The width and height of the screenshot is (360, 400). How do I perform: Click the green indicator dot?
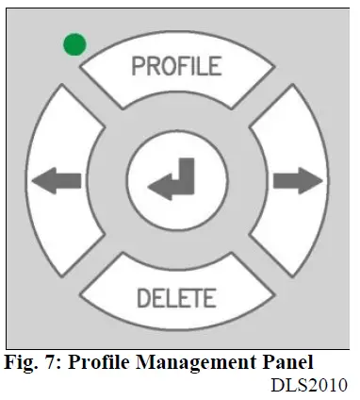tap(74, 43)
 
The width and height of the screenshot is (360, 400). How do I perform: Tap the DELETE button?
tap(176, 297)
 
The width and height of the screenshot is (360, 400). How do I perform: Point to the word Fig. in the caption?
tap(21, 361)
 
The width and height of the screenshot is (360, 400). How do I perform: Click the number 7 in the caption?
tap(50, 361)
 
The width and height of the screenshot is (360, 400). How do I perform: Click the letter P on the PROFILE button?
tap(138, 67)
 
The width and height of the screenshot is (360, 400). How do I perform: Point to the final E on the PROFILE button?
tap(215, 67)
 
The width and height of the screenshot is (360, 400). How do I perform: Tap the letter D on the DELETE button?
tap(143, 298)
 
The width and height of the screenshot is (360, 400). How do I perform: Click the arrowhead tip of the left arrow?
tap(33, 179)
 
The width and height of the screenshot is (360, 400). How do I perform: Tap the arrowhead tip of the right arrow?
tap(323, 179)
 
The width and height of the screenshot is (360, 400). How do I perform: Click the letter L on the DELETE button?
tap(170, 298)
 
